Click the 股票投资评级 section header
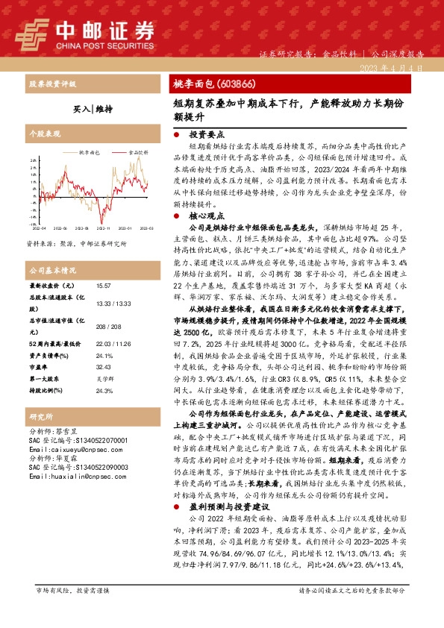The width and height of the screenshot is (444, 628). [x=52, y=84]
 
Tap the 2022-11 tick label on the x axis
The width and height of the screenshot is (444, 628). [x=104, y=227]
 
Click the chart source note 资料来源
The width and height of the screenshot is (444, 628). [x=76, y=243]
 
